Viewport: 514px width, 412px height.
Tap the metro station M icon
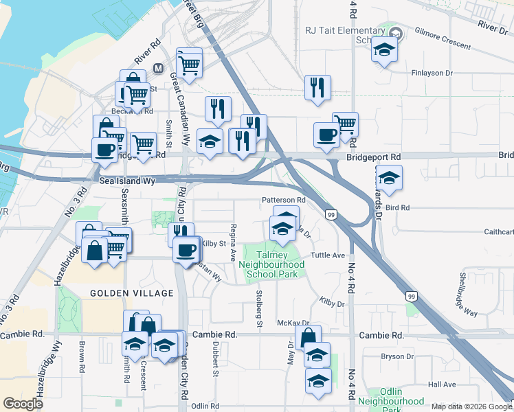(x=159, y=69)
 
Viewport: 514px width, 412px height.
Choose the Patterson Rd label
(x=282, y=200)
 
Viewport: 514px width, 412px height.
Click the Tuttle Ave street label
(x=327, y=255)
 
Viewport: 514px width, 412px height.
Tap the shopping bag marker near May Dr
(x=308, y=336)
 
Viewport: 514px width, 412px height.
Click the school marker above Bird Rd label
(x=389, y=178)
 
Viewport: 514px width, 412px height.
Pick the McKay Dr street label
(x=293, y=322)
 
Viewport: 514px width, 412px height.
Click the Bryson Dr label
(x=397, y=356)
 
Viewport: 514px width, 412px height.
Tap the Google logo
(x=23, y=404)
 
